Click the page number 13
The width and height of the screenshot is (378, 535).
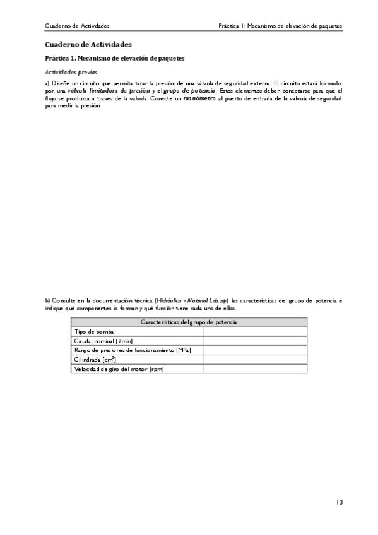(339, 502)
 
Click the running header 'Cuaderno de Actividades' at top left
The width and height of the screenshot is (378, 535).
(77, 26)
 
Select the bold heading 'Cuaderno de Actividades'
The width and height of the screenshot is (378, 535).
(88, 45)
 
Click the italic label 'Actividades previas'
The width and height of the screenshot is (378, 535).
(71, 73)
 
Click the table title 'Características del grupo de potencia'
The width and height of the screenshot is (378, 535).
(189, 322)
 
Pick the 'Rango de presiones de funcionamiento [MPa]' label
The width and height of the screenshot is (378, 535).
(133, 350)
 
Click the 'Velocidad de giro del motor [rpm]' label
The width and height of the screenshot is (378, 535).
(119, 369)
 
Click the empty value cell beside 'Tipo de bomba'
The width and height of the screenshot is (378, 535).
(255, 331)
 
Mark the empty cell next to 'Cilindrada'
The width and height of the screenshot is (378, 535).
(255, 360)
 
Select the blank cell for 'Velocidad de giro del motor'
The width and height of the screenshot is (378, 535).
(255, 369)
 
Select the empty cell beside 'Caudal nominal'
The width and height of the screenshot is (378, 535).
(255, 341)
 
